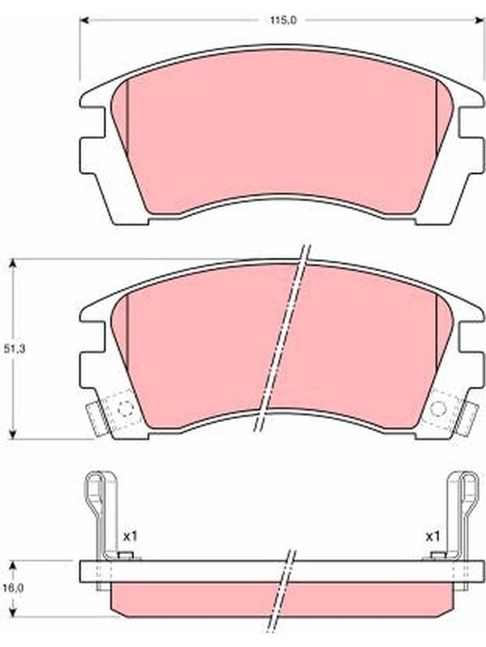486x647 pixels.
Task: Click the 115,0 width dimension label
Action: [283, 20]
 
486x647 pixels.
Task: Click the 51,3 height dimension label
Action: [15, 349]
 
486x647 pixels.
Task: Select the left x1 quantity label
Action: [130, 537]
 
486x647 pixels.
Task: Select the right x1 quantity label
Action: [433, 537]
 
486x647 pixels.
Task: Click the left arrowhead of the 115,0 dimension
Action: [84, 19]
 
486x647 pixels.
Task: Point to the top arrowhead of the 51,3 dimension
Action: [13, 264]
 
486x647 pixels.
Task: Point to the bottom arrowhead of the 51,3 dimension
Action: [13, 433]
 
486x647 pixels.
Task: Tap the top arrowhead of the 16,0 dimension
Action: [13, 565]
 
